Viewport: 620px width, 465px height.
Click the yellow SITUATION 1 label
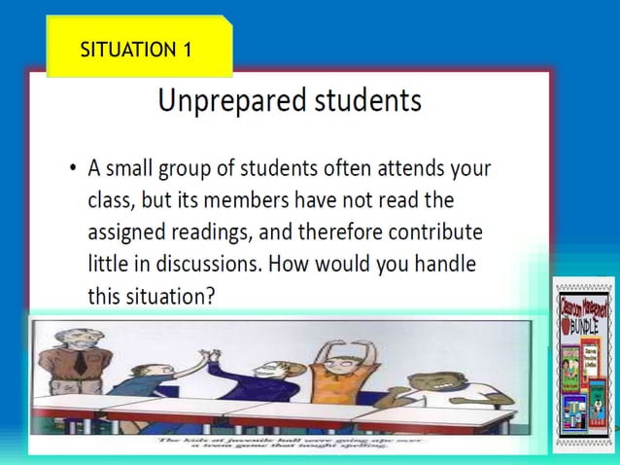pos(137,49)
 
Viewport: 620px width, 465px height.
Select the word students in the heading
pos(368,100)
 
